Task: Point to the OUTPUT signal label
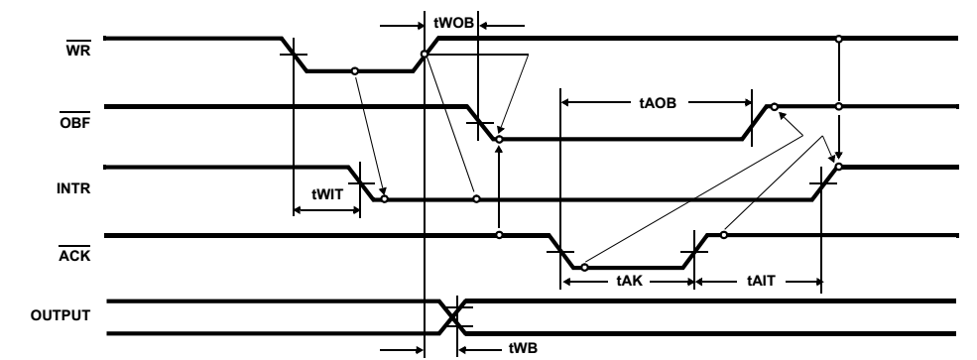click(61, 315)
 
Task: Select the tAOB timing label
click(656, 101)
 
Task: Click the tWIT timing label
click(326, 196)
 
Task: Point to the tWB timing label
click(493, 348)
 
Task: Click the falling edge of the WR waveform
click(295, 55)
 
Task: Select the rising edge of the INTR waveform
click(824, 184)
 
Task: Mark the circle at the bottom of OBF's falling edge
click(499, 140)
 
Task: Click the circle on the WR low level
click(354, 71)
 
